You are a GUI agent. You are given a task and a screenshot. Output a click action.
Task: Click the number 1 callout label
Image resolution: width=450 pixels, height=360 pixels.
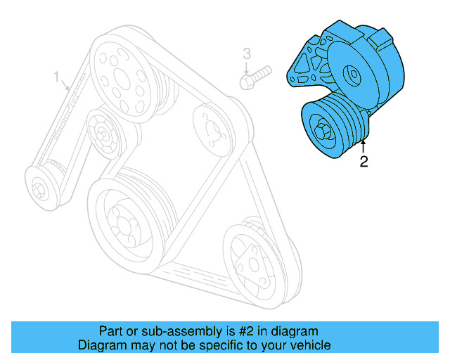point(57,76)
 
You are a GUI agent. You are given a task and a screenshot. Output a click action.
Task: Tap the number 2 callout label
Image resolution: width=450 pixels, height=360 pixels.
point(364,162)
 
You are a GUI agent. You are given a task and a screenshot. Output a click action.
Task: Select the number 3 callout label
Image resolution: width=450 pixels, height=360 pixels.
point(247,53)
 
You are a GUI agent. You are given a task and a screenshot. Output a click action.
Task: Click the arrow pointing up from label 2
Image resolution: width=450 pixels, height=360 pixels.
point(363,147)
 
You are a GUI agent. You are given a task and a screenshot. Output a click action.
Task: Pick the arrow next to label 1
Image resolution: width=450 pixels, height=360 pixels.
point(66,87)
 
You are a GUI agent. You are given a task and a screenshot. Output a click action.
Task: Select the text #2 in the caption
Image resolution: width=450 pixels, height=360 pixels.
point(249,331)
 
